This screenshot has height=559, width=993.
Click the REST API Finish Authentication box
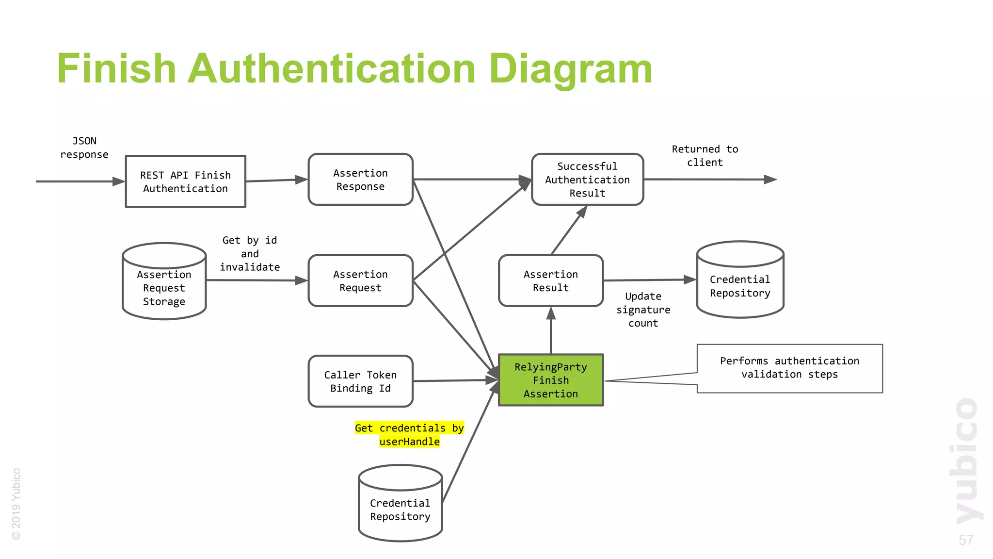pyautogui.click(x=186, y=181)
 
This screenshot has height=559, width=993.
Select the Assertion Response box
pyautogui.click(x=360, y=180)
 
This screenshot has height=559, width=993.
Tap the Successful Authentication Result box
pyautogui.click(x=587, y=180)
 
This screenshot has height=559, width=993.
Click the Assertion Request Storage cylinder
pyautogui.click(x=164, y=286)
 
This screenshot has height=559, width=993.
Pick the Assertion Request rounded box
pyautogui.click(x=360, y=281)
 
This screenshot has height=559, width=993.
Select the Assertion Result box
pyautogui.click(x=551, y=281)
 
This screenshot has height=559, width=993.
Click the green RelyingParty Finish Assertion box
pyautogui.click(x=551, y=380)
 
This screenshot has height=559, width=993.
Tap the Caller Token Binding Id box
pyautogui.click(x=360, y=381)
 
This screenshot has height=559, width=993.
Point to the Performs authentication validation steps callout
pyautogui.click(x=789, y=368)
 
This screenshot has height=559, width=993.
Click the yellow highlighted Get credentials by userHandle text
pyautogui.click(x=409, y=434)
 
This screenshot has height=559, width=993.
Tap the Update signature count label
pyautogui.click(x=643, y=310)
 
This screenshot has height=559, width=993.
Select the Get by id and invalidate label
pyautogui.click(x=250, y=253)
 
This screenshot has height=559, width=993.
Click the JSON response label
pyautogui.click(x=84, y=148)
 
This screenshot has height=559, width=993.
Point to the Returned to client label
pyautogui.click(x=705, y=156)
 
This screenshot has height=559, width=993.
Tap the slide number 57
pyautogui.click(x=965, y=540)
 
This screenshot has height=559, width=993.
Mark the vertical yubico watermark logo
pyautogui.click(x=966, y=461)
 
